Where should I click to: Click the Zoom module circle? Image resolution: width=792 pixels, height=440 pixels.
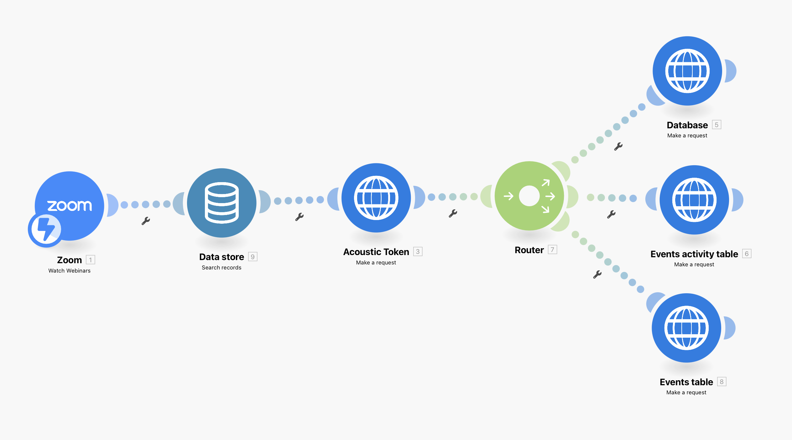coord(70,206)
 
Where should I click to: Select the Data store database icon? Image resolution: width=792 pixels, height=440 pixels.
coord(222,203)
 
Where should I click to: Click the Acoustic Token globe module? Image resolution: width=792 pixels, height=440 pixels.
coord(376,198)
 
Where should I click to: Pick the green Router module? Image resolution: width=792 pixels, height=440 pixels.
coord(529,196)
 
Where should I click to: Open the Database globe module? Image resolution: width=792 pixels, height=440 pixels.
coord(687,71)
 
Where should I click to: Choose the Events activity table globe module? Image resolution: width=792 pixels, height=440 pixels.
coord(694,200)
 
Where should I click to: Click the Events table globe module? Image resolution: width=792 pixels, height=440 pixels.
coord(686,328)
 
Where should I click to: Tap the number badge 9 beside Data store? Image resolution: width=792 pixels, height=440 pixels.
coord(253,257)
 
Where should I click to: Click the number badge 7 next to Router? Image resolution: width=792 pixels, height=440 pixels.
coord(552,250)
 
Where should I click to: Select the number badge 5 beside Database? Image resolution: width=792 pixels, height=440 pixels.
coord(716,125)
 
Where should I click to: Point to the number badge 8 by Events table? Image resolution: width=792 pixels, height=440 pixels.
coord(722,382)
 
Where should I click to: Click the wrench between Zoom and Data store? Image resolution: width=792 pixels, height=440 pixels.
coord(146,221)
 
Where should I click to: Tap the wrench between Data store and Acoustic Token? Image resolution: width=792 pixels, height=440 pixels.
coord(299,217)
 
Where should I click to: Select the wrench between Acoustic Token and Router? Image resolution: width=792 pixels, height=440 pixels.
coord(453,213)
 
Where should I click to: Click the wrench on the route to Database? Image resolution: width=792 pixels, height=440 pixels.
coord(618,146)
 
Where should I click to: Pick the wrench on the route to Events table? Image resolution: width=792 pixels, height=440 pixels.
coord(597,274)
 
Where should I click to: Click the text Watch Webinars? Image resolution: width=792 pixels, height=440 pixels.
coord(70,271)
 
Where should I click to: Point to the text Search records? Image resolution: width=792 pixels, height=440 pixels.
coord(221,268)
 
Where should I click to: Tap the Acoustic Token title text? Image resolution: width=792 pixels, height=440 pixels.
coord(376,252)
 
